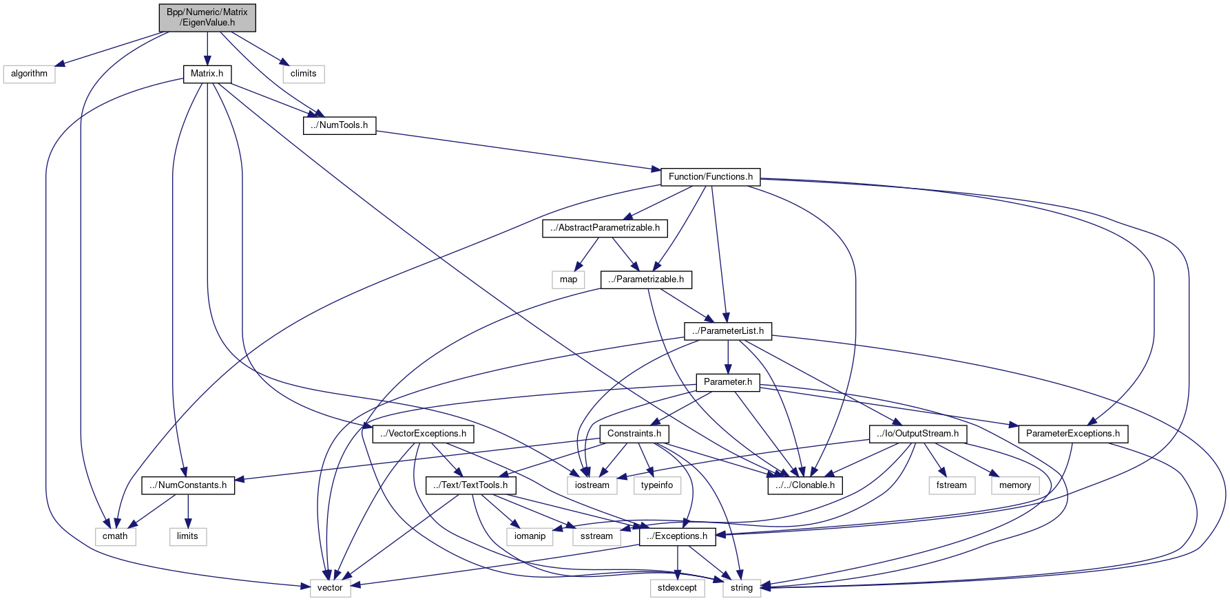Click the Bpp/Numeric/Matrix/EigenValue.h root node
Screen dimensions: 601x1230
click(207, 17)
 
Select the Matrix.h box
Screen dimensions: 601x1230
click(207, 74)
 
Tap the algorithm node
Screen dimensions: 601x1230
click(29, 74)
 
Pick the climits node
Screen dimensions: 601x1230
click(303, 74)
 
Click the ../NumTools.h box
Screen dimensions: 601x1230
click(340, 125)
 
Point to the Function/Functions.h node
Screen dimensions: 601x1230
click(710, 177)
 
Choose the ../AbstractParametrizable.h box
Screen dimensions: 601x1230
click(605, 228)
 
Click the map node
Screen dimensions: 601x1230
click(568, 280)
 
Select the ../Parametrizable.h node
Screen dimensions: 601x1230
click(646, 280)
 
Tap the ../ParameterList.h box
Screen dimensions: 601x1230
click(728, 331)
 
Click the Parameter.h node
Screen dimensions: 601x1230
click(728, 382)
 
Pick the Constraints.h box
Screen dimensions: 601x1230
click(634, 434)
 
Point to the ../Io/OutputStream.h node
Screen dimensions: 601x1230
click(917, 434)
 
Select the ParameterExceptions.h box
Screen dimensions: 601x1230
click(1072, 434)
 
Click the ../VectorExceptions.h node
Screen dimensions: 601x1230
click(423, 434)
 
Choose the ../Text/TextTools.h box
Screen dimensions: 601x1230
click(470, 485)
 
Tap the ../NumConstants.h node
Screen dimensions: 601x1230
click(188, 485)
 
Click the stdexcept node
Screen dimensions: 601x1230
click(677, 588)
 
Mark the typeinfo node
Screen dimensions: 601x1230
click(657, 485)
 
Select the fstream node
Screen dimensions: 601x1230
click(952, 485)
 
